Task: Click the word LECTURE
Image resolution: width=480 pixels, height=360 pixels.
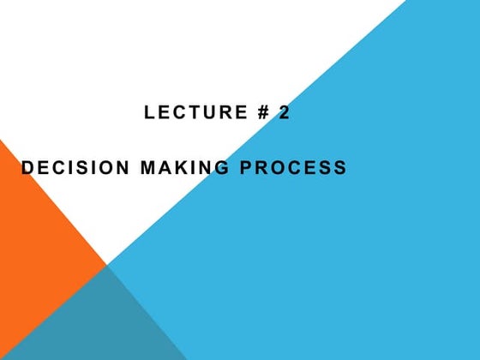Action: (x=190, y=112)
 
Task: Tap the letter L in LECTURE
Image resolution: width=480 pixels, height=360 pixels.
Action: (x=150, y=112)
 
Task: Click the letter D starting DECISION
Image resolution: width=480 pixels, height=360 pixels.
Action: (x=27, y=168)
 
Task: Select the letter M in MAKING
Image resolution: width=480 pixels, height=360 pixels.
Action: (x=147, y=168)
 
